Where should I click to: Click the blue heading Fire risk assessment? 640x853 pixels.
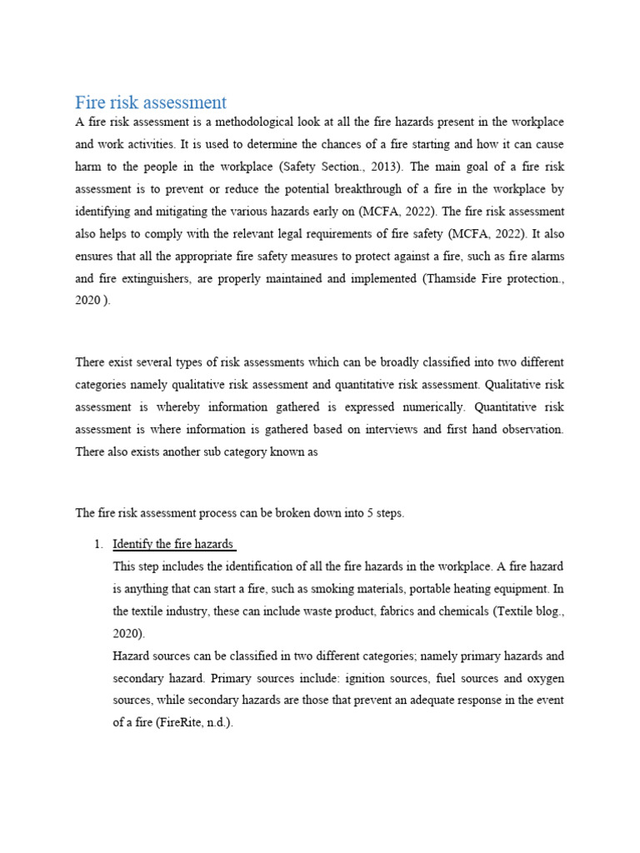click(151, 102)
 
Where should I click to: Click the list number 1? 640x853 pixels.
click(97, 544)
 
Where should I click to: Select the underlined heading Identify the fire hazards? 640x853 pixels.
click(172, 544)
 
